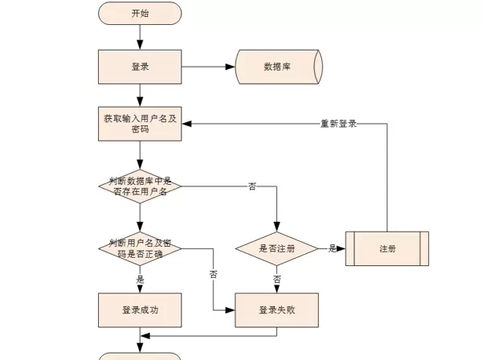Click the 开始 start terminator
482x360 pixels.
pyautogui.click(x=140, y=13)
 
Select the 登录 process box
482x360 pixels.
pyautogui.click(x=140, y=67)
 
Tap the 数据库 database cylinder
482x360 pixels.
pyautogui.click(x=278, y=67)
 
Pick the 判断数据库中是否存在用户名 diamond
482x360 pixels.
pyautogui.click(x=140, y=186)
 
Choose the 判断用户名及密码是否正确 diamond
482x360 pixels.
pyautogui.click(x=140, y=248)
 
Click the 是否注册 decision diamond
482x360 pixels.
pyautogui.click(x=277, y=248)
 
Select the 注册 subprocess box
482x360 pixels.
pyautogui.click(x=386, y=248)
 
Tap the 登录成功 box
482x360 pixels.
pyautogui.click(x=140, y=309)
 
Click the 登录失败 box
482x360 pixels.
pyautogui.click(x=277, y=309)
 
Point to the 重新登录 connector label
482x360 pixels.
pyautogui.click(x=338, y=124)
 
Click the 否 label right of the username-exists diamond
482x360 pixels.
pyautogui.click(x=252, y=186)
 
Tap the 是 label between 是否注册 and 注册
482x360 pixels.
pyautogui.click(x=332, y=248)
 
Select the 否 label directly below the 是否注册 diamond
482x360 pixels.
pyautogui.click(x=277, y=279)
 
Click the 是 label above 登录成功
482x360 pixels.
pyautogui.click(x=141, y=279)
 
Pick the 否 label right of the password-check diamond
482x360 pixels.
pyautogui.click(x=213, y=274)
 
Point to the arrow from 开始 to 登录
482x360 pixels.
pyautogui.click(x=140, y=37)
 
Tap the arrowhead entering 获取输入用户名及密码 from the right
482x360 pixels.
pyautogui.click(x=186, y=124)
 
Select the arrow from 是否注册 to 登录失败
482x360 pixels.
pyautogui.click(x=277, y=283)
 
